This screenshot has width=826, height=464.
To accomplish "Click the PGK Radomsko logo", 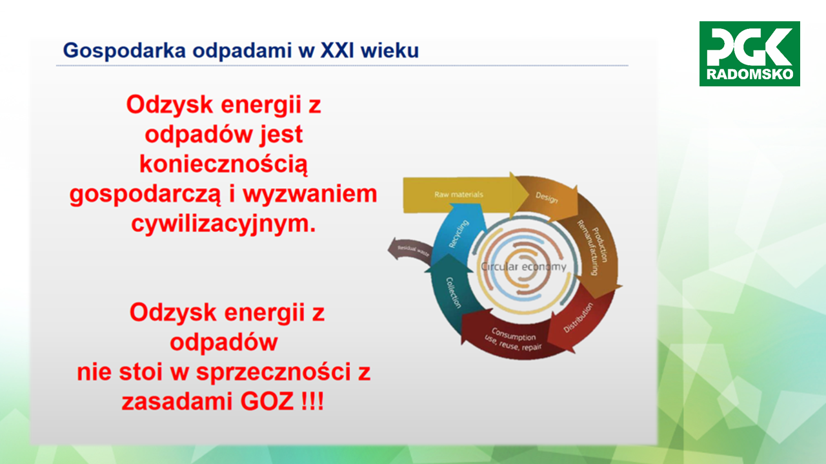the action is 749,53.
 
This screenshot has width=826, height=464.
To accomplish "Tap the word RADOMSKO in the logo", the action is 750,74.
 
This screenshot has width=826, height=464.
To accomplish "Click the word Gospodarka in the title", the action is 125,51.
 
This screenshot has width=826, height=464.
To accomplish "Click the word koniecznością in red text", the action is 223,164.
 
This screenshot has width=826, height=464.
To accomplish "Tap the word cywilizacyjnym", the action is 223,224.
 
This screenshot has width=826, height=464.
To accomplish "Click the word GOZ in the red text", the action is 267,401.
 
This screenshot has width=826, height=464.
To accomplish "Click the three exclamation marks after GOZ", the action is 312,401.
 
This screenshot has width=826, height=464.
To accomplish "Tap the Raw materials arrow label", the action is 458,195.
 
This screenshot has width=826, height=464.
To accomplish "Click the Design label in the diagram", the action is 547,198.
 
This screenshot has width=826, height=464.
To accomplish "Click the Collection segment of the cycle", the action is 452,291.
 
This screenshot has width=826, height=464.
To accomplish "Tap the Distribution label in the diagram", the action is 578,318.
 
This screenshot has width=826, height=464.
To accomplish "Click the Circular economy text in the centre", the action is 523,267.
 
